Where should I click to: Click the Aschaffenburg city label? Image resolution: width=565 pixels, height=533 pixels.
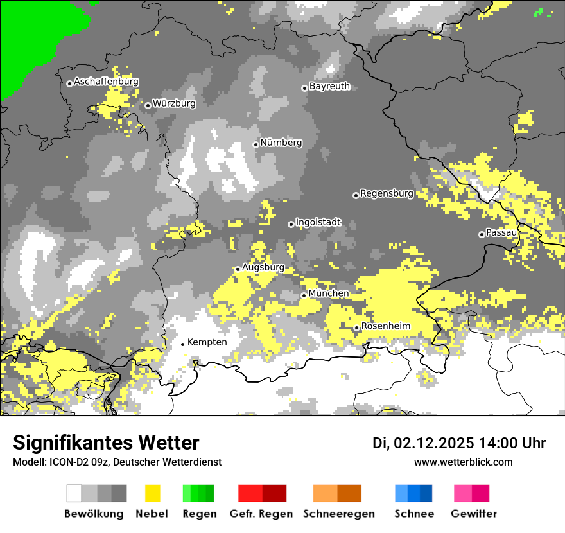coord(106,82)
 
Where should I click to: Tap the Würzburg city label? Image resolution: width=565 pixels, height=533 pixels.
coord(174,103)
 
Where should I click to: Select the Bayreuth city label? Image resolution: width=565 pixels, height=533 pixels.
coord(329,86)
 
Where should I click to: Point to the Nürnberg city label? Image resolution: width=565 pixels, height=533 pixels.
coord(281,143)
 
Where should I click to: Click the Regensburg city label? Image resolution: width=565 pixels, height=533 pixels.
coord(387,193)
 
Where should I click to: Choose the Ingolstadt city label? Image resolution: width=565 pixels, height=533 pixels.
coord(318,223)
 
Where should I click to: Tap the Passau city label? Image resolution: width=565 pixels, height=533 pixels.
coord(501,232)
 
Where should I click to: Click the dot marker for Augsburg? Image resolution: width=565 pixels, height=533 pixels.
coord(238,269)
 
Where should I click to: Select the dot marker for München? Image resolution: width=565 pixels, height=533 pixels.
coord(304,295)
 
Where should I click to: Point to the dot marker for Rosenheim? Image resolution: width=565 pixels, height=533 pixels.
coord(357,328)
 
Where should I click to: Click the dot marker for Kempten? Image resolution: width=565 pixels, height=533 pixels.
coord(183,344)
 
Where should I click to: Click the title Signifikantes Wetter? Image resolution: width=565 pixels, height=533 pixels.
coord(106,443)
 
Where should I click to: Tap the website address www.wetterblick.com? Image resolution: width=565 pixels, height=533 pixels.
coord(464,462)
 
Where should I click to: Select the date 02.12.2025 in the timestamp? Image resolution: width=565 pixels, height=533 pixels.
coord(434,443)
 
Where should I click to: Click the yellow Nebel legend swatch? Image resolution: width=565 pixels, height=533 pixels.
coord(152,493)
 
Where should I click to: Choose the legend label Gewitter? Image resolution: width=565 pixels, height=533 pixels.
coord(474,514)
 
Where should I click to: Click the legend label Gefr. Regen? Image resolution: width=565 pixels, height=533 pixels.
coord(261,514)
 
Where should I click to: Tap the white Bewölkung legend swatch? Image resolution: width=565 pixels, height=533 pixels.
coord(74,493)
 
